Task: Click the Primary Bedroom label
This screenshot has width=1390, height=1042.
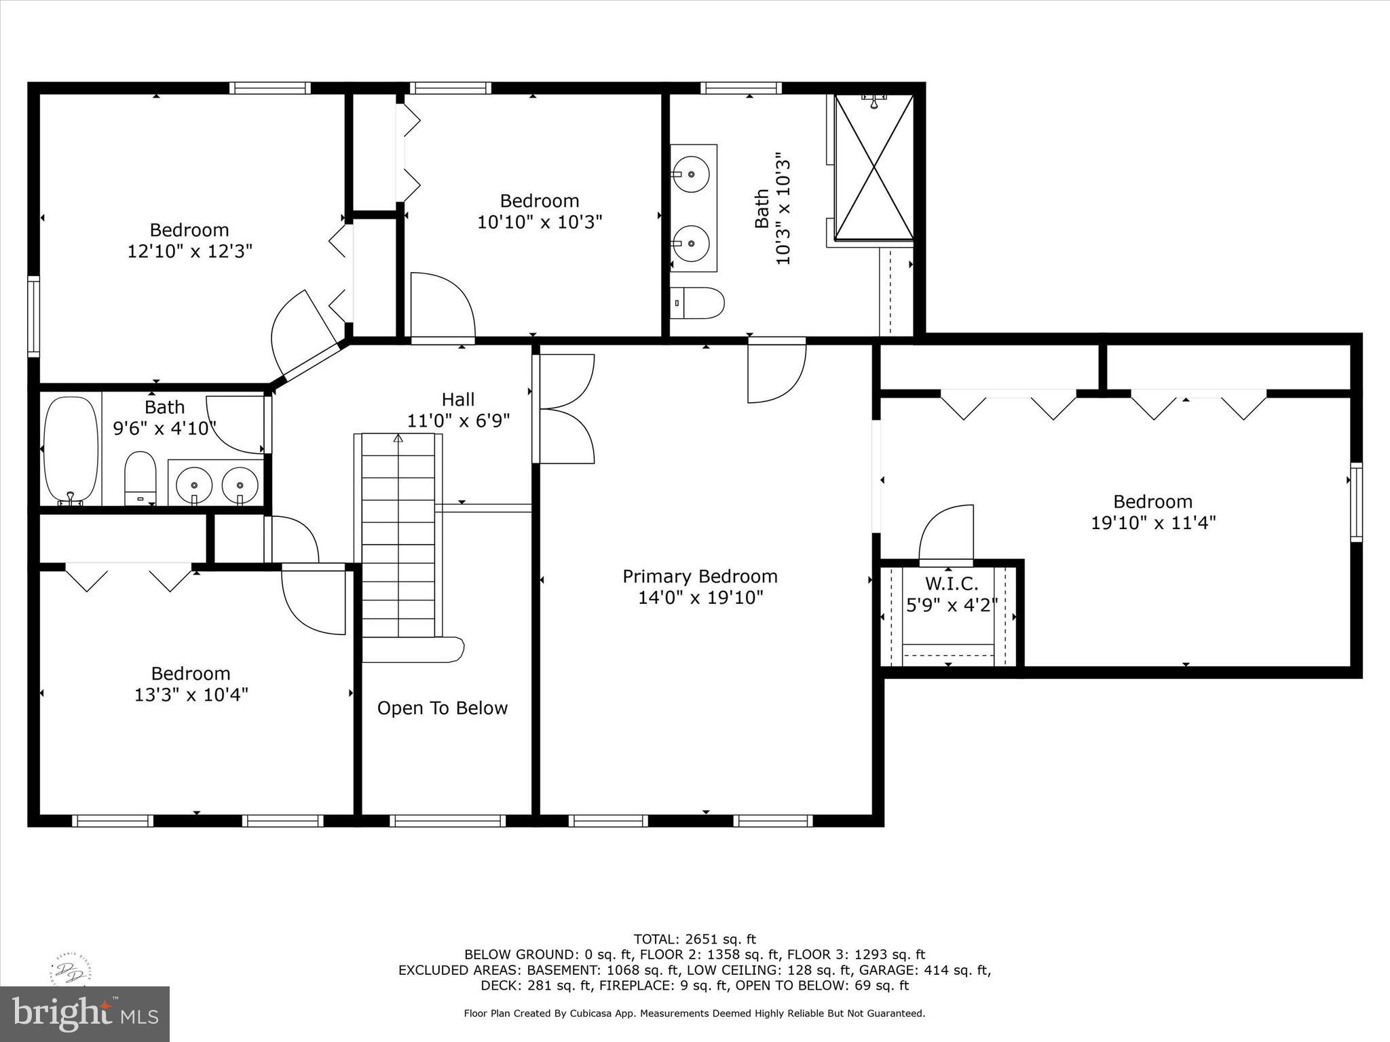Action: click(700, 577)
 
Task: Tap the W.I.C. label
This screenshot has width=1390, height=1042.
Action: click(952, 583)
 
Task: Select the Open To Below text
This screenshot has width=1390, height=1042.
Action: click(443, 708)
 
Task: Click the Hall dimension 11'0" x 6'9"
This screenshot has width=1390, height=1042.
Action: click(458, 421)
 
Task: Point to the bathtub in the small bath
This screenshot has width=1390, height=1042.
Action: click(71, 448)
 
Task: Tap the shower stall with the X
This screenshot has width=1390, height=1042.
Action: click(874, 167)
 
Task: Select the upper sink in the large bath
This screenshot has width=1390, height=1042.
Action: click(692, 174)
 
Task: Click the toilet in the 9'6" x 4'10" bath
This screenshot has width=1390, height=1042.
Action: click(140, 478)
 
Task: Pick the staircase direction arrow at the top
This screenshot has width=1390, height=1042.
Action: click(398, 438)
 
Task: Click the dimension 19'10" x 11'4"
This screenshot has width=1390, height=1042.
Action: click(1152, 523)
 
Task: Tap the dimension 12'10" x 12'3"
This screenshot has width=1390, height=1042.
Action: click(190, 252)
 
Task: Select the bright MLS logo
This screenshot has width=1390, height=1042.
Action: click(85, 1014)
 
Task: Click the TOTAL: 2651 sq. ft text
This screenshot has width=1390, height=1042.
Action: click(694, 940)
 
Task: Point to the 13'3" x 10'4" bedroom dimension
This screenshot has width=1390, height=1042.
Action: click(191, 695)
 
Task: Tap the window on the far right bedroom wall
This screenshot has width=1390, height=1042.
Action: click(1355, 502)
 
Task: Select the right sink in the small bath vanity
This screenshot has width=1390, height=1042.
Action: click(240, 485)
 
